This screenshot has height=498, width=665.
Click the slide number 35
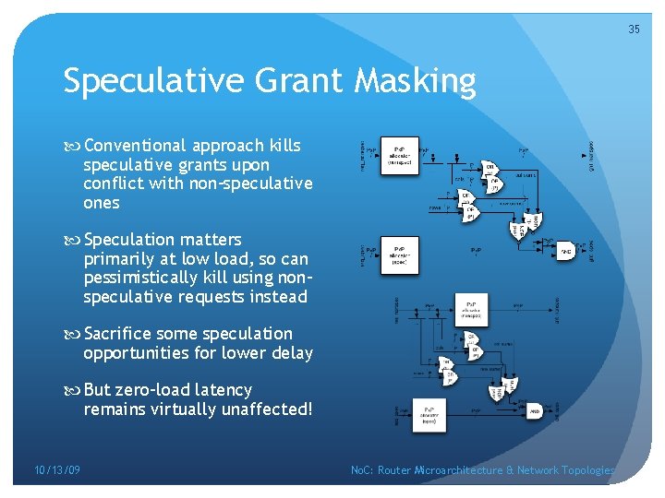pos(634,30)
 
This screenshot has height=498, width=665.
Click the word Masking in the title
pos(415,82)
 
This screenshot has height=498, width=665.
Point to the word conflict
pos(113,184)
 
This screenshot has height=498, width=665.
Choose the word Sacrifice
pos(119,334)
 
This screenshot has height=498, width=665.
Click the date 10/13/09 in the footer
pos(57,470)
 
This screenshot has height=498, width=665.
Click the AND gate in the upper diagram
pos(567,251)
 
